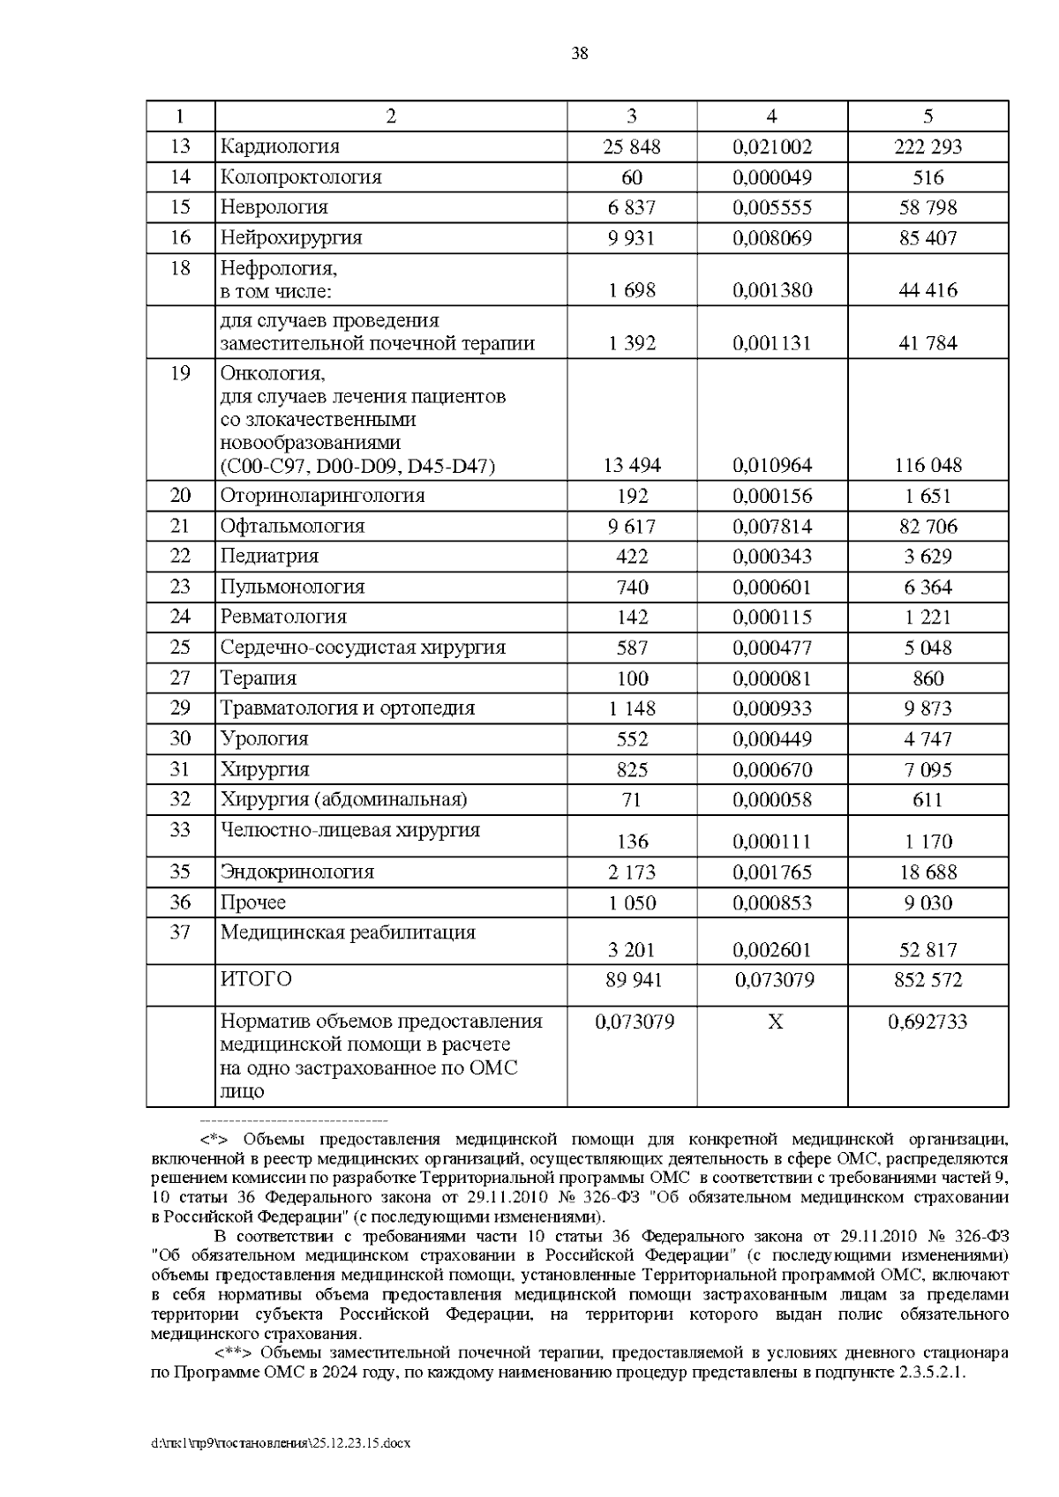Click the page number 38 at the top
click(579, 54)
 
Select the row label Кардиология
click(279, 146)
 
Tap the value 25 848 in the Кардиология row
click(631, 146)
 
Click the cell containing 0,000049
click(771, 177)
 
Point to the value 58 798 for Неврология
click(928, 207)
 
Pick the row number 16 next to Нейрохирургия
click(180, 237)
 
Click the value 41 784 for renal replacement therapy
click(928, 342)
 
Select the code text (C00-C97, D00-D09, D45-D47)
click(357, 466)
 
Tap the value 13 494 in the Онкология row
click(631, 465)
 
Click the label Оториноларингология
click(322, 496)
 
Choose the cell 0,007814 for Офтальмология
click(771, 527)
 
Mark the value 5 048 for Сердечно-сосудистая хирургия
click(928, 647)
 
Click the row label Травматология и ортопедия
click(347, 707)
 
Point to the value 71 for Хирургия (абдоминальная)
click(631, 800)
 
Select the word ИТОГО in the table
click(256, 979)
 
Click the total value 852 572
click(928, 980)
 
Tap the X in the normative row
click(774, 1022)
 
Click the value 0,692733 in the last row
click(928, 1022)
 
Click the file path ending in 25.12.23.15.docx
click(282, 1444)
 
